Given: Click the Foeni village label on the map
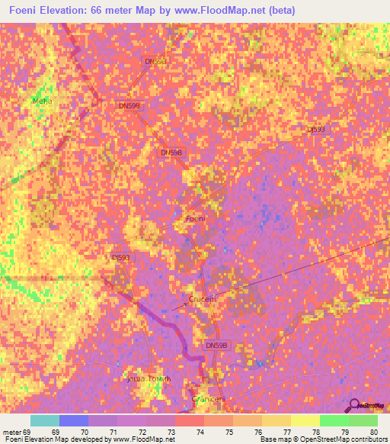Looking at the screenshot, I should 197,220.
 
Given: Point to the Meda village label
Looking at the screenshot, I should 40,101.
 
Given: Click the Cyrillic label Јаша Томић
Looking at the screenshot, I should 142,378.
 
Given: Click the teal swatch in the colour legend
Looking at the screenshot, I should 45,420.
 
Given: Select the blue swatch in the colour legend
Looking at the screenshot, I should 74,420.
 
